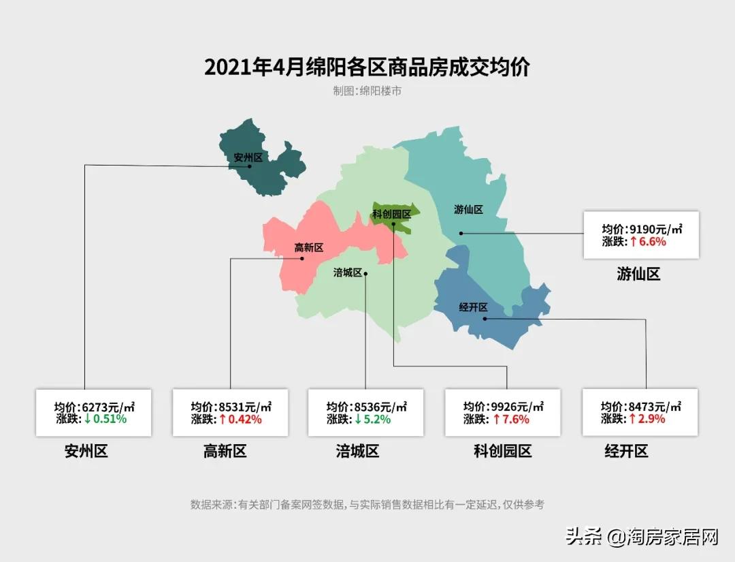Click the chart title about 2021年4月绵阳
367,67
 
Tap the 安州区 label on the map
248,157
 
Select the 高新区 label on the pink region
308,248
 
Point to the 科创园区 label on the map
391,215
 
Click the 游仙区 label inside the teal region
468,210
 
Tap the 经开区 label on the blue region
473,307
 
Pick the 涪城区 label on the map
347,273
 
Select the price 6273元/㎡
108,407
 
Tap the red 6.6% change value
647,242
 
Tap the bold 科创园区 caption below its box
502,451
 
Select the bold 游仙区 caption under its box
638,275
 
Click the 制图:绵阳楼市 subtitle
367,91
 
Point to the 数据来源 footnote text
367,505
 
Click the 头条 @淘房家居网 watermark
642,537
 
